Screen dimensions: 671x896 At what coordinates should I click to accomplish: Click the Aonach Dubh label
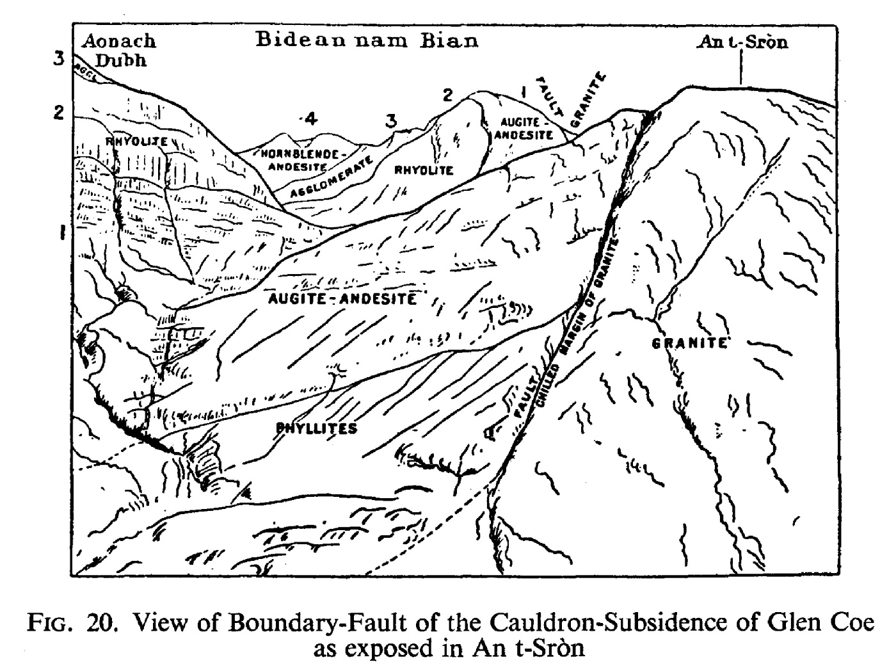(x=119, y=50)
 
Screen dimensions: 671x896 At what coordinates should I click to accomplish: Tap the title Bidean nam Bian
(x=367, y=41)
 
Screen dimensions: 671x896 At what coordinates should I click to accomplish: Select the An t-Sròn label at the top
(x=742, y=43)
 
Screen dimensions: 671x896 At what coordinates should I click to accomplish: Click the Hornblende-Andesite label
(x=305, y=160)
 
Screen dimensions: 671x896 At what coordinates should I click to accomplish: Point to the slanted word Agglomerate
(x=331, y=177)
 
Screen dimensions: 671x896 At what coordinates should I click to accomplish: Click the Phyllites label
(x=316, y=428)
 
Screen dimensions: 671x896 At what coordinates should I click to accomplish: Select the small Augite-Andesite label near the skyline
(x=525, y=128)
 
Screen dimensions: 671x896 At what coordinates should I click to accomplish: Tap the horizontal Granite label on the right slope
(x=689, y=343)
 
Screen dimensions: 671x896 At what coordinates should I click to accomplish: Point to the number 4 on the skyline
(x=309, y=118)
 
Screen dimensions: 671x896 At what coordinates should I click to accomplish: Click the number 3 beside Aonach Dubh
(x=60, y=60)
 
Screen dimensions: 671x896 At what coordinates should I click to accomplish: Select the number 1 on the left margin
(x=62, y=232)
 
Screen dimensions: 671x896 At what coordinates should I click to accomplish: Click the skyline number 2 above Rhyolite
(x=447, y=95)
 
